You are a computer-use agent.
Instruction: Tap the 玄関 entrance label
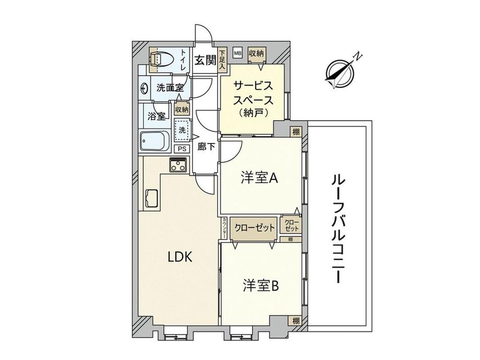(205, 61)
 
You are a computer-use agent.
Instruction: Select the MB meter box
(237, 53)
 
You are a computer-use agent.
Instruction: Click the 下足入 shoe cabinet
(222, 59)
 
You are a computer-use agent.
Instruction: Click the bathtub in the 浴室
(155, 141)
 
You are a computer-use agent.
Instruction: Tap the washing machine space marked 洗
(182, 130)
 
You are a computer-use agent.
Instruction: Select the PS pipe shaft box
(182, 149)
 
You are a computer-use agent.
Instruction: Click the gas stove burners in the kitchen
(178, 165)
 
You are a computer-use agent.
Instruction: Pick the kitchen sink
(151, 198)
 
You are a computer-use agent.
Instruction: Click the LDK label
(180, 257)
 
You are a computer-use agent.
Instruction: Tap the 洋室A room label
(259, 178)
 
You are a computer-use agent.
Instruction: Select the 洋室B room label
(261, 286)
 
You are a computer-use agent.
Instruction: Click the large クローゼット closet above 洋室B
(255, 228)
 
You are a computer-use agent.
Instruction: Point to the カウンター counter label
(224, 228)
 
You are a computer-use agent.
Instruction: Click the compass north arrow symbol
(340, 73)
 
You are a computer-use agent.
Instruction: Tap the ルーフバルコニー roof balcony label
(339, 229)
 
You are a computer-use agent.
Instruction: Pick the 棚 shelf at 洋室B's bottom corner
(295, 321)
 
